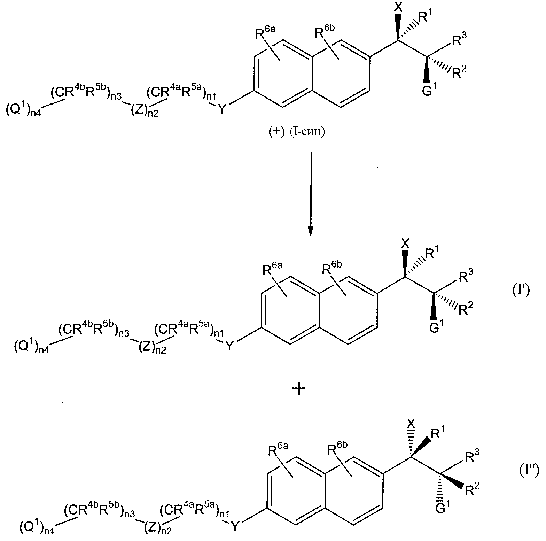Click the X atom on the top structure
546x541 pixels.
(398, 7)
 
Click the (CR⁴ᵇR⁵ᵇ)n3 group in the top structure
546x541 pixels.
(86, 94)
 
